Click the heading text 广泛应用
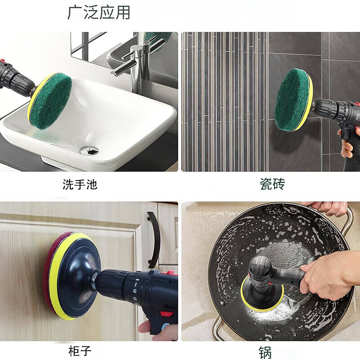[x=99, y=13]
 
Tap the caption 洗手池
[x=80, y=184]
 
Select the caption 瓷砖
[x=272, y=184]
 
